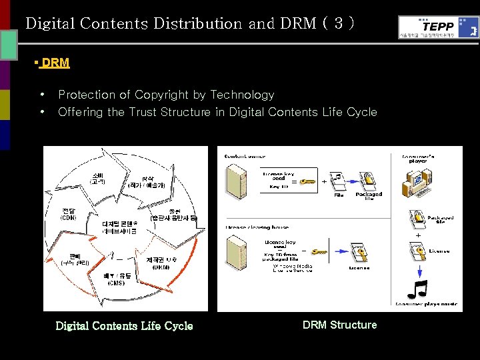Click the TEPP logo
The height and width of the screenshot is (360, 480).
click(439, 27)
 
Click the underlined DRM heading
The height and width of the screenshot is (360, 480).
click(55, 63)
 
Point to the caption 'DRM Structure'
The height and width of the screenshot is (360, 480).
click(339, 325)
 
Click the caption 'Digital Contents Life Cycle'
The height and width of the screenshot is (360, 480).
click(124, 326)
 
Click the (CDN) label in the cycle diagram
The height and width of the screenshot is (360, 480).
click(69, 217)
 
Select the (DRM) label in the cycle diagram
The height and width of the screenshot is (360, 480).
click(161, 267)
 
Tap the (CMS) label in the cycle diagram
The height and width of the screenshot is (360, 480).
click(117, 283)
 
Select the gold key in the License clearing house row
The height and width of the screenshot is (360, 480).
click(319, 253)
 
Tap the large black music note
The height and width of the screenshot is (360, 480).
click(417, 291)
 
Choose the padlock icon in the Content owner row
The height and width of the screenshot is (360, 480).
click(367, 181)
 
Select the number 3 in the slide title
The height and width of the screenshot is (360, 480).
click(339, 23)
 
